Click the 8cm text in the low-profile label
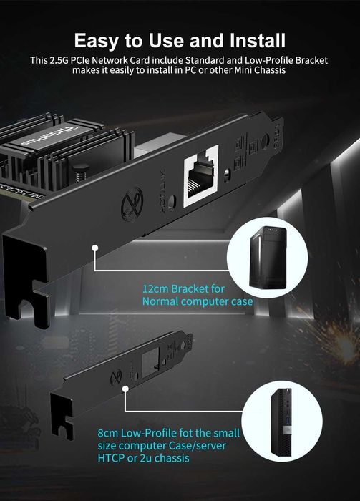[108, 433]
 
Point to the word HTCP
[112, 457]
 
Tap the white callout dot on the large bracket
[94, 248]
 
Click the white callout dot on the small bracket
[125, 390]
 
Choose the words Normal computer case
[197, 301]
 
